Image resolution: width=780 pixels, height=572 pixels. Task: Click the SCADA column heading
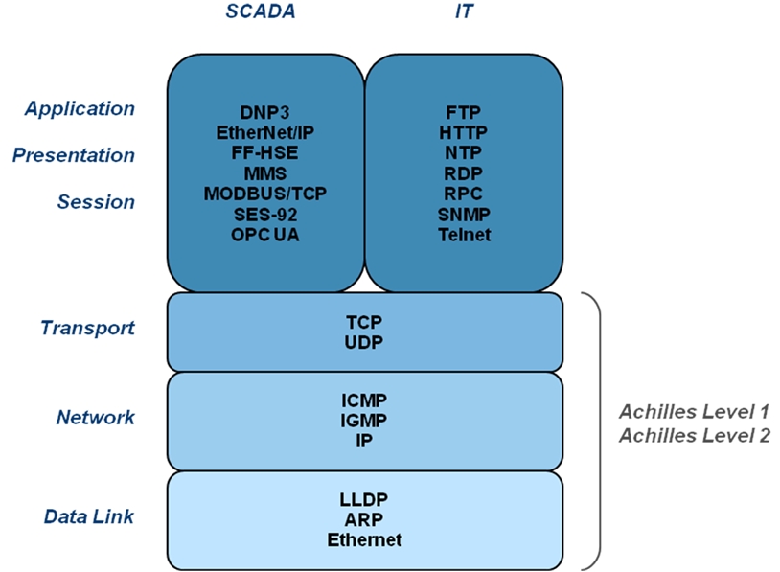tap(261, 11)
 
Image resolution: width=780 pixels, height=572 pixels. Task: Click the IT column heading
tap(464, 11)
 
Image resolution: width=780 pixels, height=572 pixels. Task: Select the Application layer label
tap(80, 109)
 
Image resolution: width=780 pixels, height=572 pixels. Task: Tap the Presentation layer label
tap(74, 155)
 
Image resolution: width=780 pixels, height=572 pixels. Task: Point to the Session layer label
tap(96, 202)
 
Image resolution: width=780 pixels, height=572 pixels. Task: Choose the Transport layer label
tap(87, 329)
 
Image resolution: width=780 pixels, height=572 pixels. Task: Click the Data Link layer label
tap(89, 516)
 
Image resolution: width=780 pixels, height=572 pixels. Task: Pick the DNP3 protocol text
tap(264, 112)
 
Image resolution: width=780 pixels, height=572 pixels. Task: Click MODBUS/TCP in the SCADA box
tap(265, 194)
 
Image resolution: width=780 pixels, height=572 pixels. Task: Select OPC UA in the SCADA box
tap(265, 235)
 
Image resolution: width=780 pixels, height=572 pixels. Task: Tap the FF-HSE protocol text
tap(264, 152)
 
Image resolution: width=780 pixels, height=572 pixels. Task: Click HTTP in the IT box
tap(463, 133)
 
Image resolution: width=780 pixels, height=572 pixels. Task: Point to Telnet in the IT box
tap(464, 235)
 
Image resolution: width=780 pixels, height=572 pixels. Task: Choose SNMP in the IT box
tap(464, 215)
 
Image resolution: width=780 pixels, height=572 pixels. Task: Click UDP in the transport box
tap(363, 342)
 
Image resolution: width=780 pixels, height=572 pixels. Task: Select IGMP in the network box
tap(363, 421)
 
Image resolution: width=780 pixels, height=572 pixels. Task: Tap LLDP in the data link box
tap(363, 499)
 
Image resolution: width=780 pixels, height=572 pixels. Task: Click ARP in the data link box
tap(363, 519)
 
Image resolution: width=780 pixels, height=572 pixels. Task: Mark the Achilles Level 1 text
tap(695, 412)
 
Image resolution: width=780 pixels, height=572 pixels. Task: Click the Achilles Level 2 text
tap(695, 436)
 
